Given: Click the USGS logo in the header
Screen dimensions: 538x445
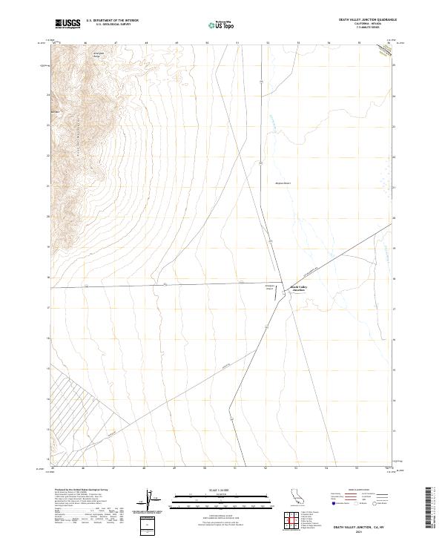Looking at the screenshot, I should point(67,24).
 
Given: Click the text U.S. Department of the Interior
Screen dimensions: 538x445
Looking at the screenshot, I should point(112,20).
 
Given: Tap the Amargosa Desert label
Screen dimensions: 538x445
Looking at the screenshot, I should point(284,181).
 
